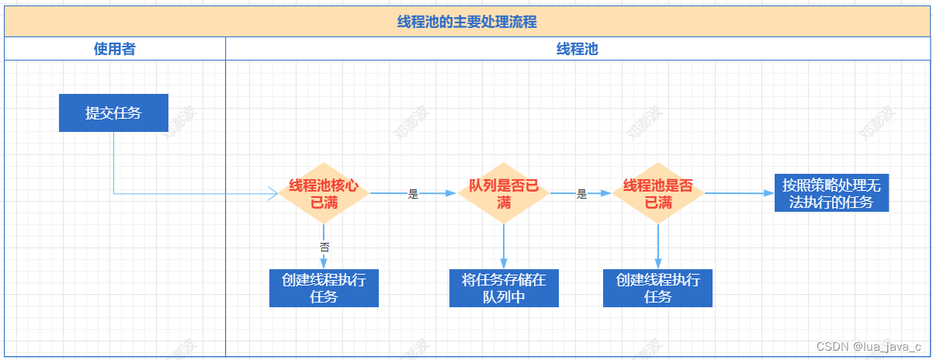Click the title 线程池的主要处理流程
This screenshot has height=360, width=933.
click(466, 22)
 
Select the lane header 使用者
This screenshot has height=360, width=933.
click(115, 49)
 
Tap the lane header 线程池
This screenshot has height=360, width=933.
click(577, 49)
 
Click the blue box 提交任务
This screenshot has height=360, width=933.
click(113, 112)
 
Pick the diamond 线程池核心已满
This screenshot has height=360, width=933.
click(324, 194)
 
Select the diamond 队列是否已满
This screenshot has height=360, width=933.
click(504, 194)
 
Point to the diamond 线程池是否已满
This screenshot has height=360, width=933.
click(658, 194)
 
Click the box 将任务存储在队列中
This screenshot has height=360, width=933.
click(504, 288)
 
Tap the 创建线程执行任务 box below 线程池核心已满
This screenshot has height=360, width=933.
click(324, 288)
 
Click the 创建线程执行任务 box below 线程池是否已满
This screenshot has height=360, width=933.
click(658, 288)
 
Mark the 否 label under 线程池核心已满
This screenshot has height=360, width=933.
click(324, 247)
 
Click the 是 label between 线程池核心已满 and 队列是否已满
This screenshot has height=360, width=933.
click(413, 195)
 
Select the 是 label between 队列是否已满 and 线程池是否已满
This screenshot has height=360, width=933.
click(581, 195)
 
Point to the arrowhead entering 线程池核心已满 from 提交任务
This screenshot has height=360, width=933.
click(272, 194)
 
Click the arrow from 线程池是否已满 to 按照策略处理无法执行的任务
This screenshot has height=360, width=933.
click(737, 194)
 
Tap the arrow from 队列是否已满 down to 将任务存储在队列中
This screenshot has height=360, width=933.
click(504, 247)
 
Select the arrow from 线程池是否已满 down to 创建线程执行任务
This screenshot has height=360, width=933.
click(658, 247)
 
